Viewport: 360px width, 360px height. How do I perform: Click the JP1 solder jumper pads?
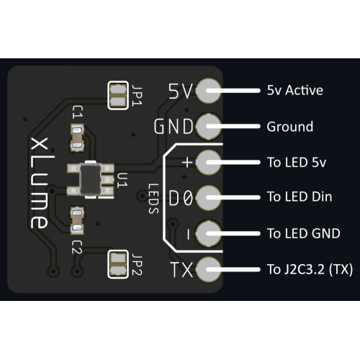click(118, 96)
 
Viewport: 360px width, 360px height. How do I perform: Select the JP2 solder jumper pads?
click(118, 264)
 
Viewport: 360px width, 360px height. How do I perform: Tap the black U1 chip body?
click(90, 179)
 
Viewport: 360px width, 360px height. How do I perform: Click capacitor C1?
click(77, 138)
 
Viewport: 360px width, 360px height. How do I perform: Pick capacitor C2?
click(77, 220)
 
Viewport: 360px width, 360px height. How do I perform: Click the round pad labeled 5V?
click(208, 91)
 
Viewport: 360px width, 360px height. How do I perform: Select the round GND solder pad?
click(208, 127)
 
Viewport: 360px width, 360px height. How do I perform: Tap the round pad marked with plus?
click(208, 162)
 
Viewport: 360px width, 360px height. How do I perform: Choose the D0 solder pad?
click(208, 197)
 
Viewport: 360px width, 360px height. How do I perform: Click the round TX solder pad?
click(208, 269)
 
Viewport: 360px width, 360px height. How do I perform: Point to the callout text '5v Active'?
click(295, 90)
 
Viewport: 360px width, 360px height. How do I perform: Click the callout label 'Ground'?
click(290, 127)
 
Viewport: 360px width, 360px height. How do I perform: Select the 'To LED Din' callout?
click(300, 197)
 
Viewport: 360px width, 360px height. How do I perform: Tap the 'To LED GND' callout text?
click(304, 233)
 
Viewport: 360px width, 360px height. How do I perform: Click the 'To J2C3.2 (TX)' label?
click(310, 269)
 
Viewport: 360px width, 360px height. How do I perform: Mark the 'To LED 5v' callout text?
click(297, 162)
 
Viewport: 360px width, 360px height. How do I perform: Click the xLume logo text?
click(39, 183)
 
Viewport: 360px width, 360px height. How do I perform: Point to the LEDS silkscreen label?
click(153, 199)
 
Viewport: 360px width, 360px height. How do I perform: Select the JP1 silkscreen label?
click(138, 95)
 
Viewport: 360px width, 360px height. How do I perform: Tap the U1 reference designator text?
click(122, 180)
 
